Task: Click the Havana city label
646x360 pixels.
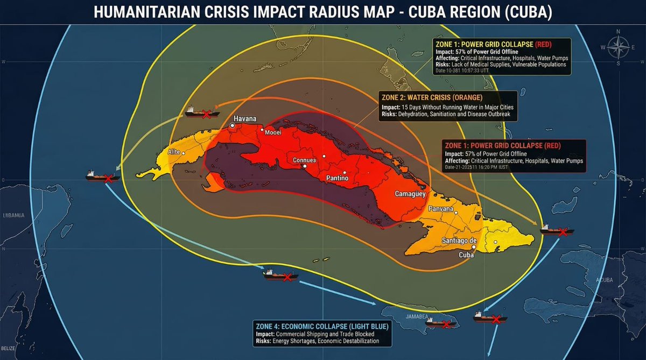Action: point(244,119)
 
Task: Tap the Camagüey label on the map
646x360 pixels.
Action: point(410,194)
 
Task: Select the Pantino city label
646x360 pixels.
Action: point(338,178)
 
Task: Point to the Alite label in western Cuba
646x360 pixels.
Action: point(174,152)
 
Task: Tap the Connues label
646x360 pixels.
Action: point(305,160)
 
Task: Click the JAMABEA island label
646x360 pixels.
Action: point(402,317)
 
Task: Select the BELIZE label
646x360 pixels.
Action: point(8,349)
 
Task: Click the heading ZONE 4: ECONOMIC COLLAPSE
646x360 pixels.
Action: point(321,326)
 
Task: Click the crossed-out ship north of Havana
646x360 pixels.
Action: point(202,112)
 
